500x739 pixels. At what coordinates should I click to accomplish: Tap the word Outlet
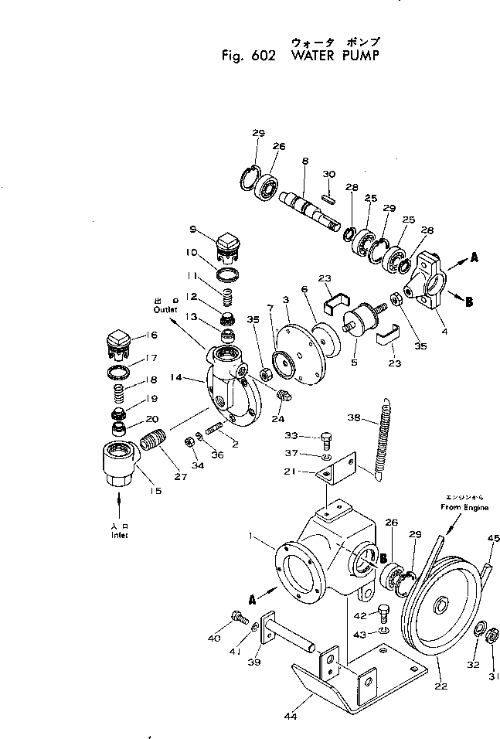tap(165, 309)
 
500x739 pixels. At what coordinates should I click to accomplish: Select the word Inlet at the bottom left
tap(118, 535)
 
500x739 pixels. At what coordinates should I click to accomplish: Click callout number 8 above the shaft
tap(304, 161)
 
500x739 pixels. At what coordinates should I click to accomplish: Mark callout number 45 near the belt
tap(493, 539)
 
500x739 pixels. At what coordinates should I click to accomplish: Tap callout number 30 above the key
tap(328, 173)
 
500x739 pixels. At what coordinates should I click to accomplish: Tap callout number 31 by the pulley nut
tap(494, 665)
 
